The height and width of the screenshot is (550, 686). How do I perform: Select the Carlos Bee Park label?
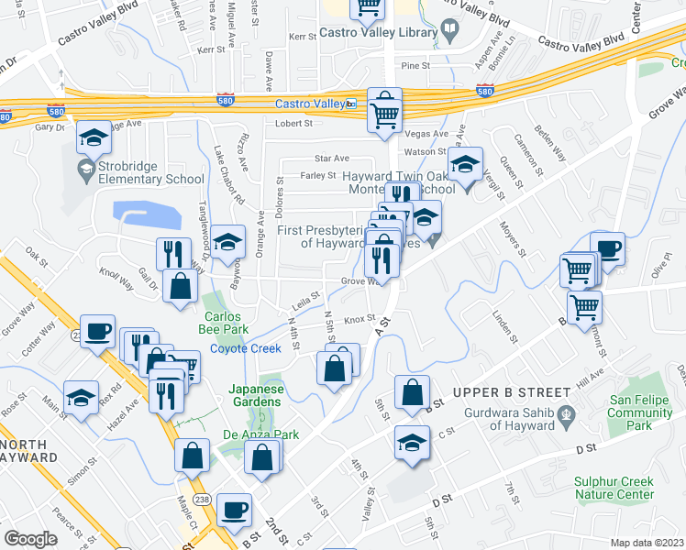pyautogui.click(x=224, y=322)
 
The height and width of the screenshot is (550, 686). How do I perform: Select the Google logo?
pyautogui.click(x=31, y=539)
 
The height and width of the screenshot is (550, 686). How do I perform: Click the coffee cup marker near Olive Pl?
pyautogui.click(x=607, y=247)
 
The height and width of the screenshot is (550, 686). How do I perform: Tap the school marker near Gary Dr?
pyautogui.click(x=92, y=137)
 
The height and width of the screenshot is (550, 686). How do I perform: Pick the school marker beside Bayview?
pyautogui.click(x=229, y=242)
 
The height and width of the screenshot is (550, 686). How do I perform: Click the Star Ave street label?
pyautogui.click(x=332, y=159)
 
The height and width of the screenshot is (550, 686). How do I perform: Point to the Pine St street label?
pyautogui.click(x=415, y=66)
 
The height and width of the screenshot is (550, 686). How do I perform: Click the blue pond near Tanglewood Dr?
pyautogui.click(x=149, y=215)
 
